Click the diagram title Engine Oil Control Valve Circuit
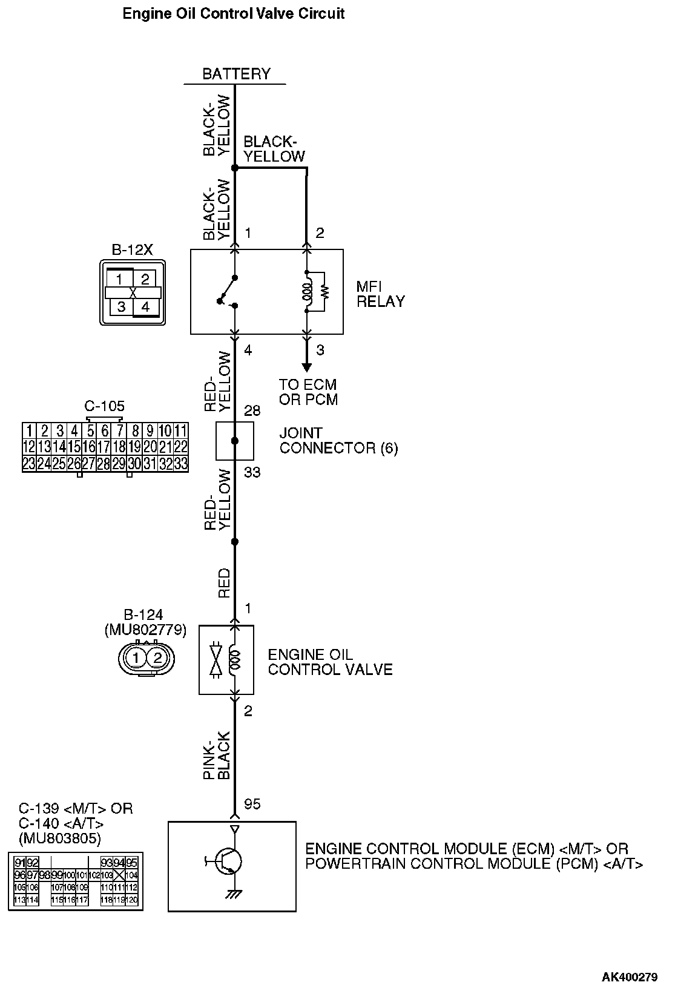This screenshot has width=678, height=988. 233,13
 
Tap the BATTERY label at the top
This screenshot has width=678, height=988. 236,74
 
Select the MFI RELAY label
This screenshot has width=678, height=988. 380,294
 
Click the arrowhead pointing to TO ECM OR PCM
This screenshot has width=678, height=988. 306,367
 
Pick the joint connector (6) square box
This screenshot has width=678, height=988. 235,441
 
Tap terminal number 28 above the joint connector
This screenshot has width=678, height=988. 252,411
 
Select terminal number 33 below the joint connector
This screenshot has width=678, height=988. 252,472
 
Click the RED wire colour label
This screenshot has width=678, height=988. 225,583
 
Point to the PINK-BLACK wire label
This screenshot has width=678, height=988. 217,756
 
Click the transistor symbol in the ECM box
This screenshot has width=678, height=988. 228,860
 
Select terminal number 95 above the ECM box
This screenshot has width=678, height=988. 252,803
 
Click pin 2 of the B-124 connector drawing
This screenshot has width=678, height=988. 157,657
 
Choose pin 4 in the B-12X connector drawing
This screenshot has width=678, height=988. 145,306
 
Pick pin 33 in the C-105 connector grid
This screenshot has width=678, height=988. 180,464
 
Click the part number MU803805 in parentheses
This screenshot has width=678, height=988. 60,838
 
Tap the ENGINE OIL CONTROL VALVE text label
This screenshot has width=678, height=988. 330,662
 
